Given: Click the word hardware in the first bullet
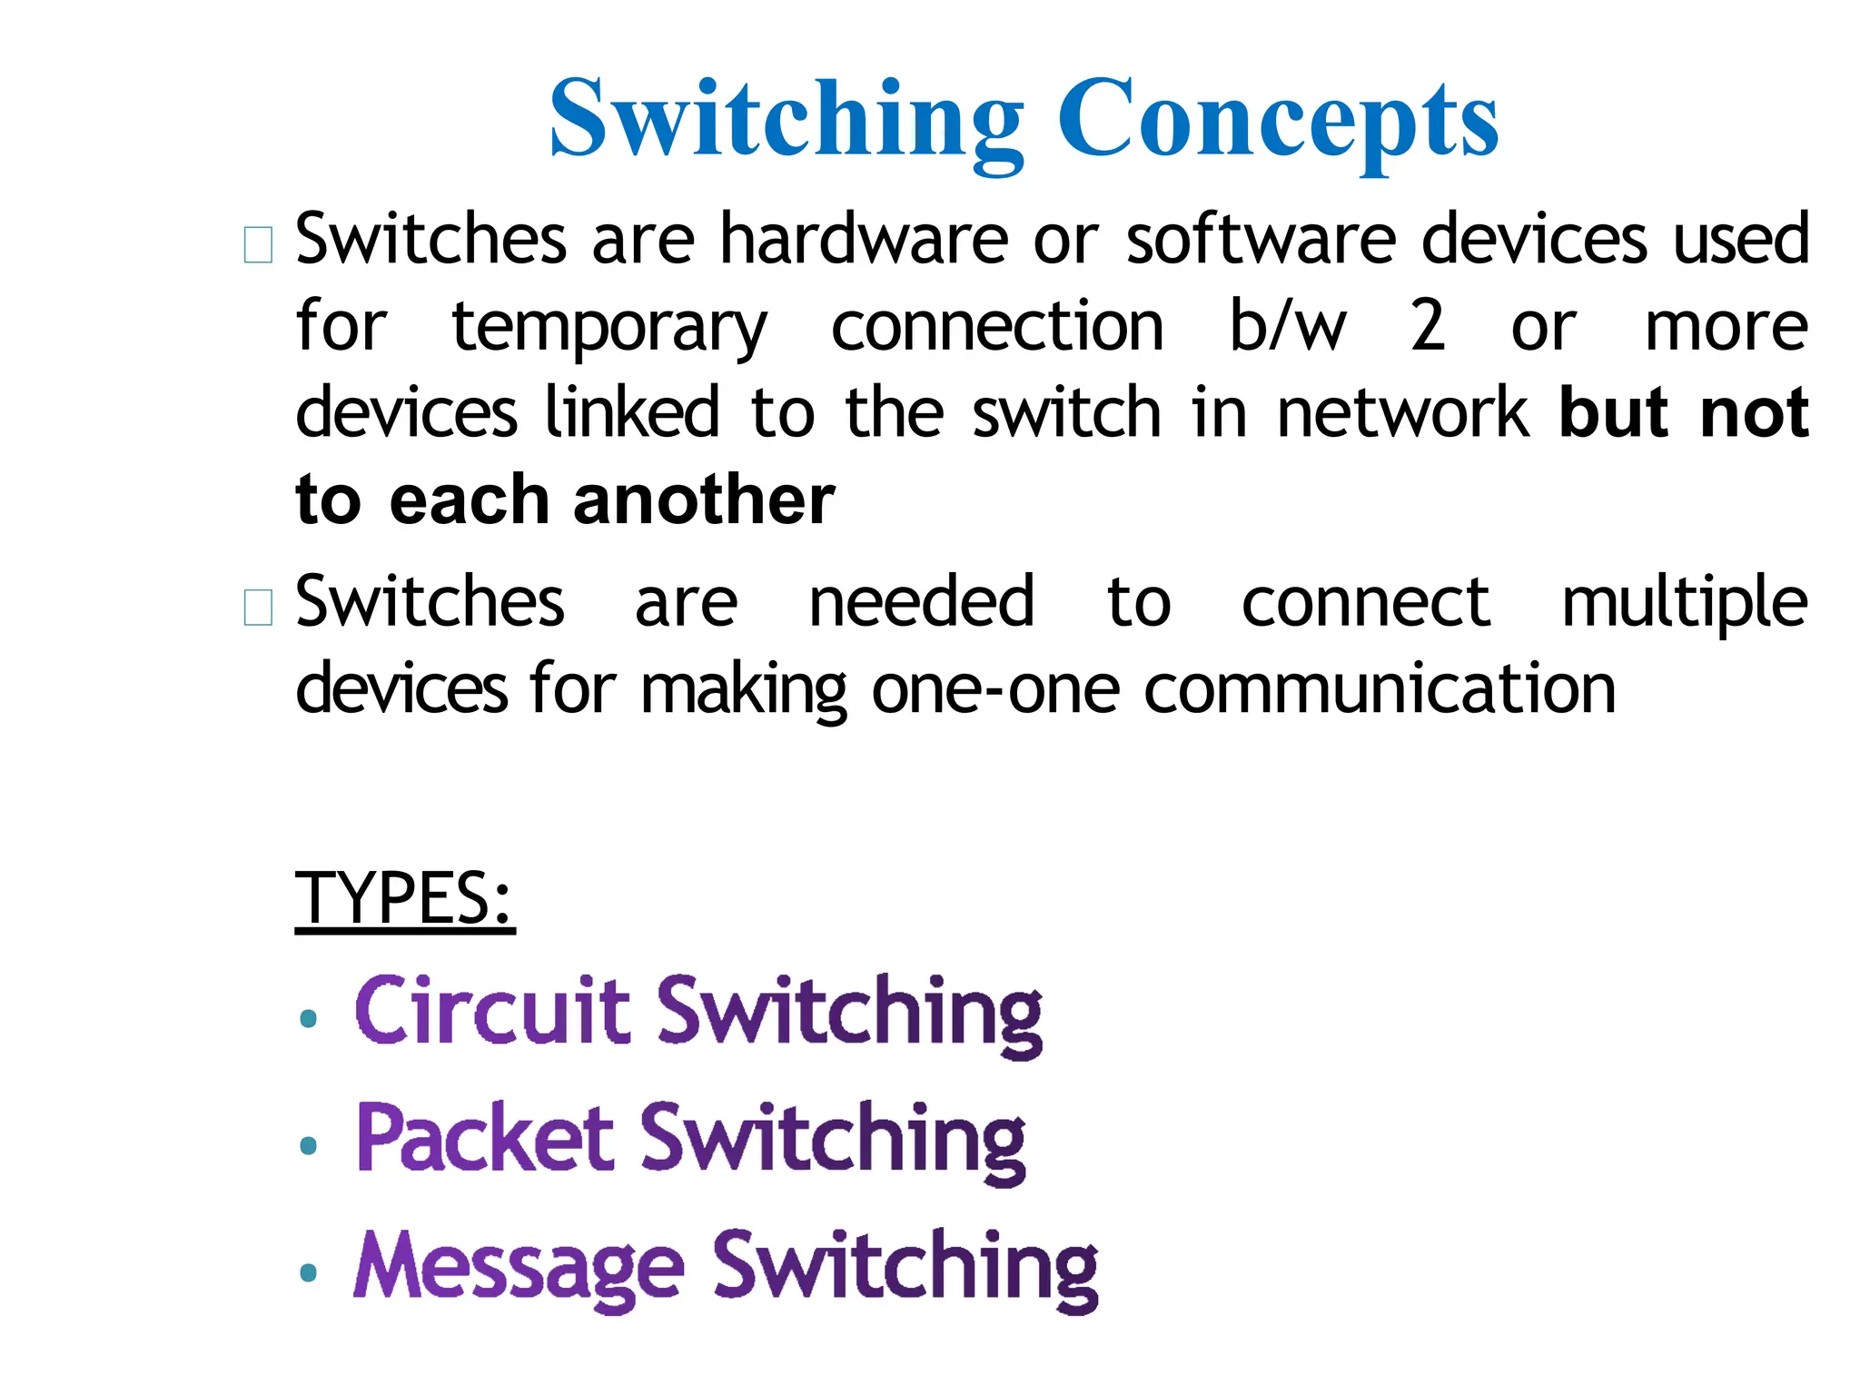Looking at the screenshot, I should pos(864,238).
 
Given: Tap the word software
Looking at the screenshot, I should pos(1261,238).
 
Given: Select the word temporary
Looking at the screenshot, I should pos(609,328).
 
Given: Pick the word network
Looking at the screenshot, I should pos(1403,412).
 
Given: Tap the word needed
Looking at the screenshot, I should pos(921,601).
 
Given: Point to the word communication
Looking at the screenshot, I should pos(1380,689).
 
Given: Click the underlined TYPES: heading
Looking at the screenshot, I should pos(405,897).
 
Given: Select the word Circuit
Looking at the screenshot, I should pos(491,1010).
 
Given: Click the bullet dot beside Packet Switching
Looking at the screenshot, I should pos(309,1146).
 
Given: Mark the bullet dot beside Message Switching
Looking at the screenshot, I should pos(309,1273).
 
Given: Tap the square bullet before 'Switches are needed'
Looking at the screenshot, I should pos(259,608).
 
